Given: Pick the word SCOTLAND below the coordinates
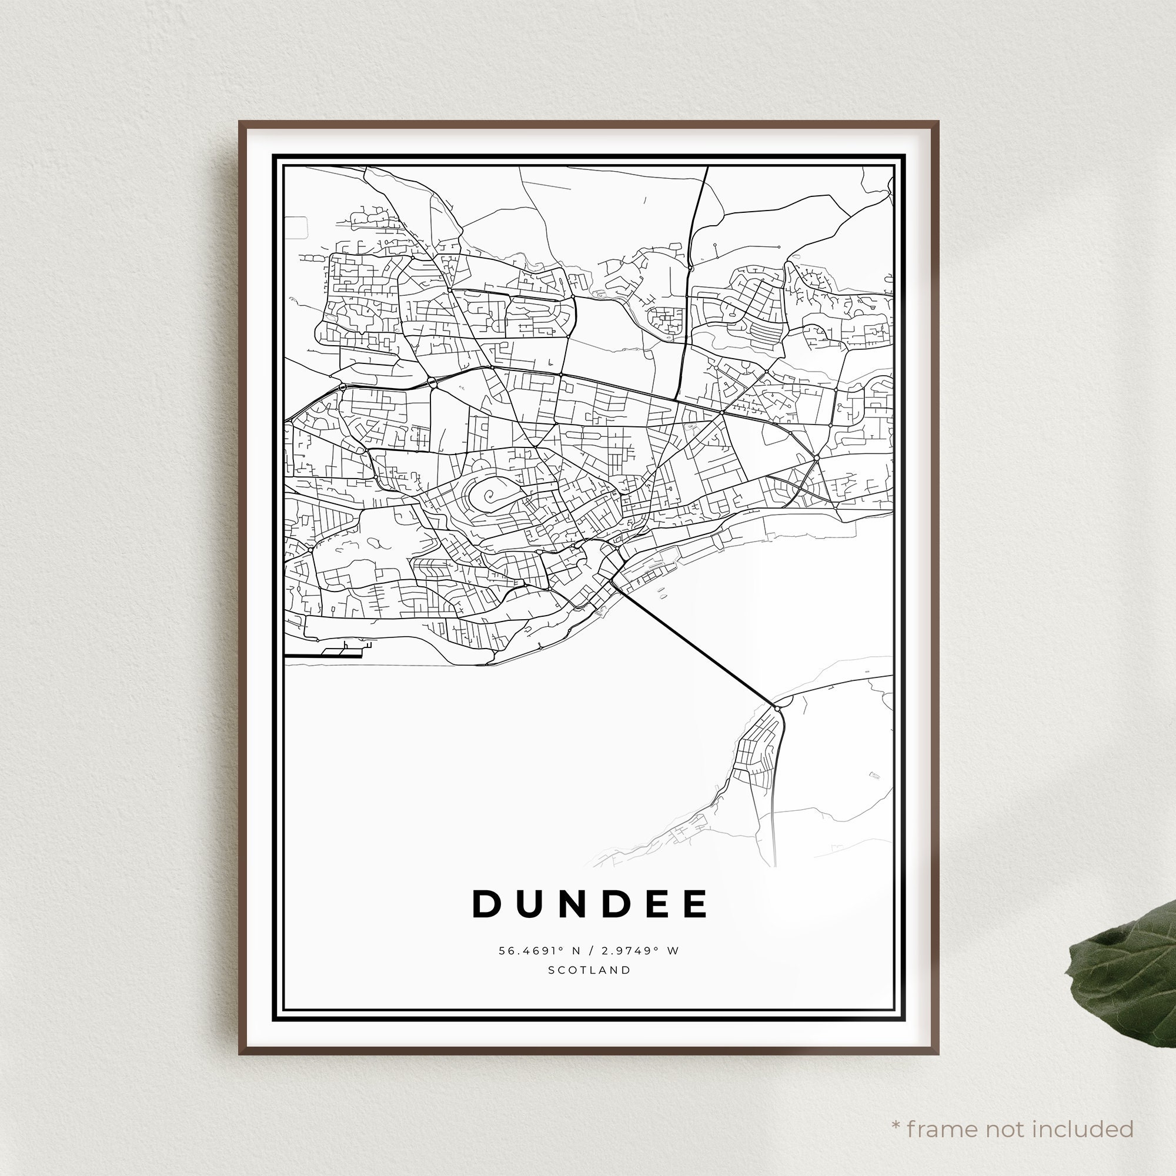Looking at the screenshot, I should pos(590,970).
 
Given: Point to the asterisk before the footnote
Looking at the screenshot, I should pos(896,1109).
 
